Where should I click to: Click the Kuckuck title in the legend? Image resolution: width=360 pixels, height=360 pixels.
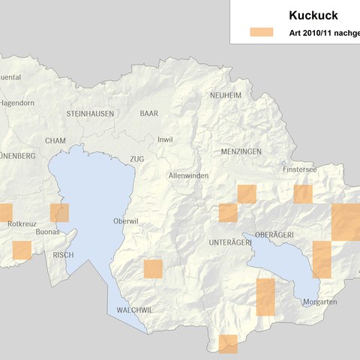pos(313,15)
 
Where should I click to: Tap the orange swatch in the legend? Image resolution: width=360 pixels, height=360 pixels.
pos(262,32)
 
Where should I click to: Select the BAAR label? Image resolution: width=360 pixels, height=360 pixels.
pos(149,112)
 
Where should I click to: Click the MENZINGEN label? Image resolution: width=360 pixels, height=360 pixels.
pos(241,151)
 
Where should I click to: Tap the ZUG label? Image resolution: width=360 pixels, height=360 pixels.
pos(136,159)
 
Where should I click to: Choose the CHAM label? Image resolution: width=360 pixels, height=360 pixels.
pos(55,140)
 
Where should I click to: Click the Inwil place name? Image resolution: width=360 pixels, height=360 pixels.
pos(165,139)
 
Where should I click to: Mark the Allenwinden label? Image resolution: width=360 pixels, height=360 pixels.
pos(188,175)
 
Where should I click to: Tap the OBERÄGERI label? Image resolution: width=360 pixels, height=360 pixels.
pos(274,235)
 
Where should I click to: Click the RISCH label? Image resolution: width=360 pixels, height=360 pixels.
pos(63,255)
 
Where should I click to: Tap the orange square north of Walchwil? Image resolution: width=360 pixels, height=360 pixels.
pos(153,268)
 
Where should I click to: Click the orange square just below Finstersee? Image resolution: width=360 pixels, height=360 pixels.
pos(303,194)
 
